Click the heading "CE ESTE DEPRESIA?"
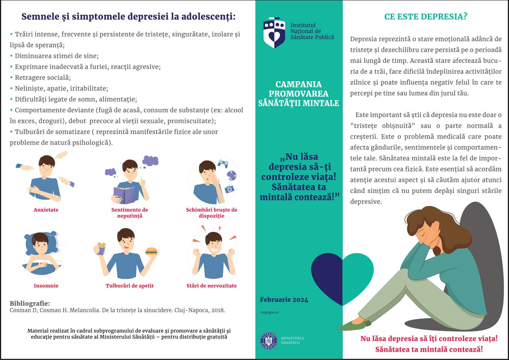425,17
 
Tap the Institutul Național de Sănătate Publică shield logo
274,32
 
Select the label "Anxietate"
46,210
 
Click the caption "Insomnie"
46,285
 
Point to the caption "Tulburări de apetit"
129,285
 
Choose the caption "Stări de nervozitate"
211,285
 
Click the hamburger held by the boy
151,251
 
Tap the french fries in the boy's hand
101,248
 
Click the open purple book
124,194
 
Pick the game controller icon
223,163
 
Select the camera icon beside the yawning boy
229,189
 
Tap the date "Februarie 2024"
284,300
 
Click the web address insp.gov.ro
269,312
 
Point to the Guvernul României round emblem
269,341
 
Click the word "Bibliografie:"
30,303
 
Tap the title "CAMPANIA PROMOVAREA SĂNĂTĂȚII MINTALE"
299,94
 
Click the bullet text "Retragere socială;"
43,78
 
